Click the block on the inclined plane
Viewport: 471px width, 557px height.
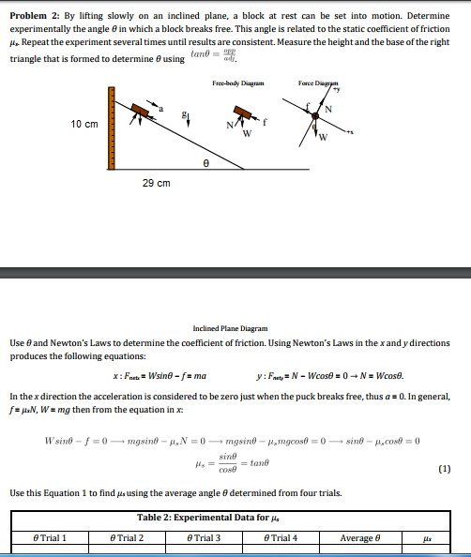coord(142,111)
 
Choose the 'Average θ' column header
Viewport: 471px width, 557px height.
coord(359,537)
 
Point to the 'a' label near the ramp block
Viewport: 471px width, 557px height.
coord(160,110)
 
